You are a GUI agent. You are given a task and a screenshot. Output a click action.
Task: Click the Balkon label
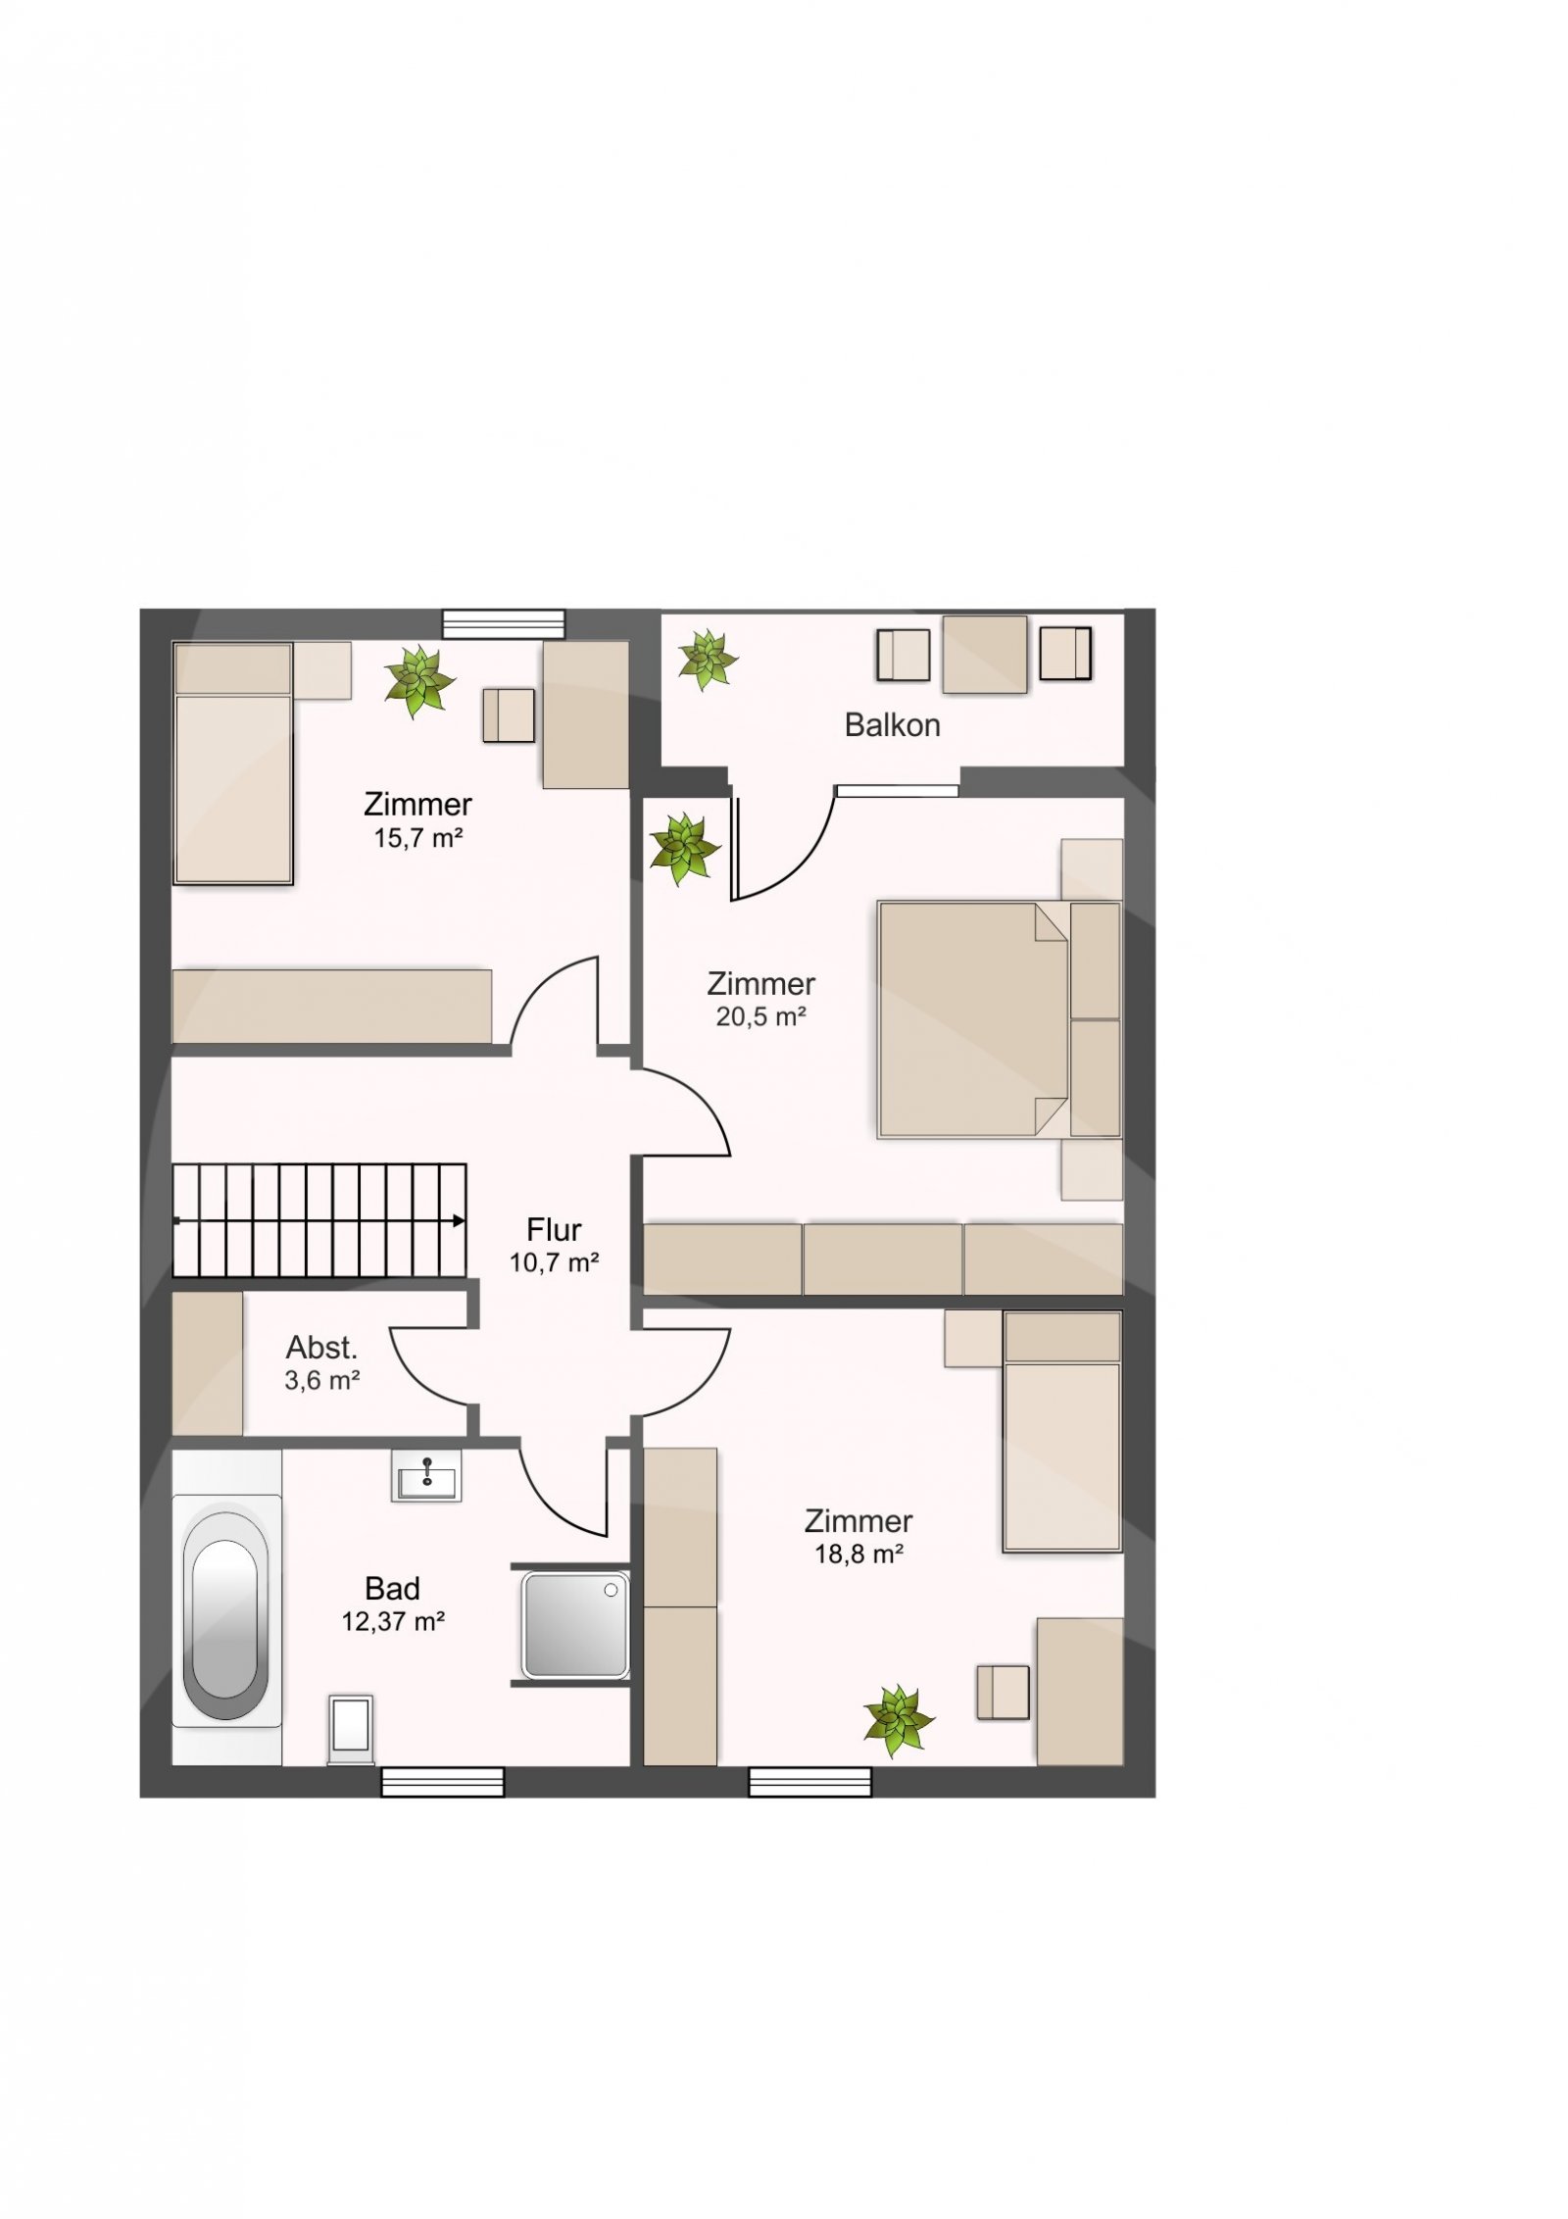892,725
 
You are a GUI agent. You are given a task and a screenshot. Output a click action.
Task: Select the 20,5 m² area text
760,1016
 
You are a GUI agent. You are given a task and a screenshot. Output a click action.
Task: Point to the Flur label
554,1229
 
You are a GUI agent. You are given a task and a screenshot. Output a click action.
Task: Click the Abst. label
321,1347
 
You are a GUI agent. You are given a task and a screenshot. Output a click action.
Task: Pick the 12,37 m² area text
393,1621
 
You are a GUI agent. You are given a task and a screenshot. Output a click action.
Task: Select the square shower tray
575,1625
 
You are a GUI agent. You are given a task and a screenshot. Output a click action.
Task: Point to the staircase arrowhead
459,1220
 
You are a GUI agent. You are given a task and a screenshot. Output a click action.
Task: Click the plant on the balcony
706,659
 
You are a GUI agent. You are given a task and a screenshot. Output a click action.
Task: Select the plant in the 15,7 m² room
419,680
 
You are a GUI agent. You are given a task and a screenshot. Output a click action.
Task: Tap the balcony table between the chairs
985,655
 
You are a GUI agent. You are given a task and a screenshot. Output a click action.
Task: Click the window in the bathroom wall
443,1782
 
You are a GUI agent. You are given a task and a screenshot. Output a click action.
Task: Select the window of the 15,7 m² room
504,623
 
